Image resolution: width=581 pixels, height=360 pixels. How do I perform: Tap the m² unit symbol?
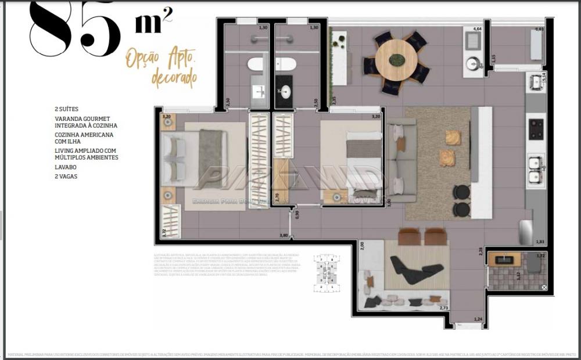(153, 23)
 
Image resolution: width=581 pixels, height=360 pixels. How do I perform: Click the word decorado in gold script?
(174, 77)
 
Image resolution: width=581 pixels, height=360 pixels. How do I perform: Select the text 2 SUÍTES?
(66, 109)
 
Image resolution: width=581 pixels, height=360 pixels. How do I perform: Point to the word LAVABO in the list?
(66, 167)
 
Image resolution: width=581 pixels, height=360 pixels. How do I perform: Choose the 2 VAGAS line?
(66, 176)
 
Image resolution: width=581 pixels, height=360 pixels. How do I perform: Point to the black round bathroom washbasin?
(285, 91)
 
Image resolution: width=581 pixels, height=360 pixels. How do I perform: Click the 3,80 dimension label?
(284, 235)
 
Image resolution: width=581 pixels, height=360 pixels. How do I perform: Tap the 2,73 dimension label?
(444, 308)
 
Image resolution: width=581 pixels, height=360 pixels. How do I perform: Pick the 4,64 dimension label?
(478, 28)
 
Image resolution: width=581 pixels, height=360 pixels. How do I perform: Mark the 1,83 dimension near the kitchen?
(540, 242)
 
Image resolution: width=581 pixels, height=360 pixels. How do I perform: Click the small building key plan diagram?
(327, 273)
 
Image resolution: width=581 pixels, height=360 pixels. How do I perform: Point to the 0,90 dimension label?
(297, 215)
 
